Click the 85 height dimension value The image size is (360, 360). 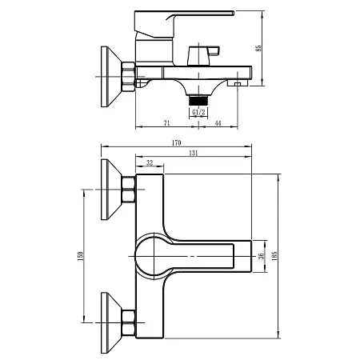[258, 48]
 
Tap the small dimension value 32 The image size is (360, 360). [150, 162]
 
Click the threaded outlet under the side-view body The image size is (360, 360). [198, 96]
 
